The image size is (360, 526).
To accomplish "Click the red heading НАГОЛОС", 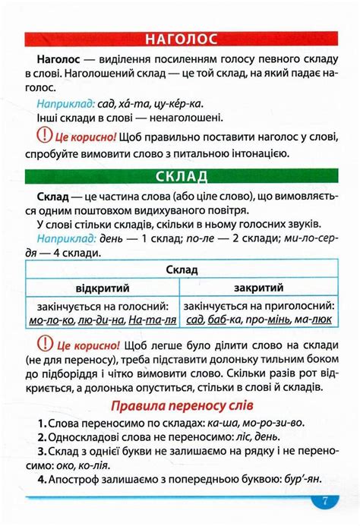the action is (x=180, y=39).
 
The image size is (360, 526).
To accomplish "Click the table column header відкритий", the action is (x=103, y=288).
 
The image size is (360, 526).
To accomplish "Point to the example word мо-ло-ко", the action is (x=51, y=320).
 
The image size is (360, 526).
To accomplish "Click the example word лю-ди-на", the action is (x=102, y=320).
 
